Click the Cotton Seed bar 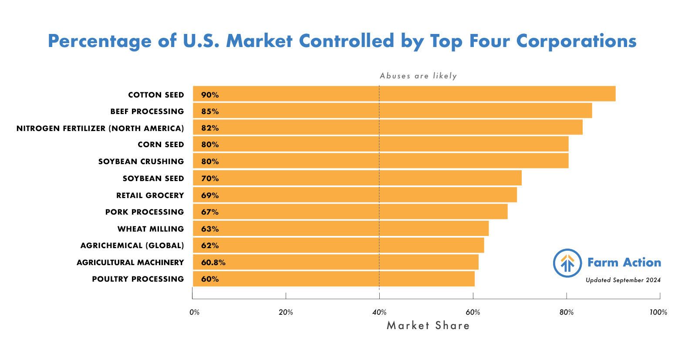click(404, 94)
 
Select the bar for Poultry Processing click(334, 279)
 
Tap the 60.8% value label click(213, 262)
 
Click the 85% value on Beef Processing click(210, 111)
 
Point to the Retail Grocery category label click(150, 195)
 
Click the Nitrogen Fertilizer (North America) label click(100, 128)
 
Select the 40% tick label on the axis click(379, 312)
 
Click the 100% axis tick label click(658, 312)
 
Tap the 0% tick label click(194, 312)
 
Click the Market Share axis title click(428, 326)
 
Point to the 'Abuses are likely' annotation click(418, 76)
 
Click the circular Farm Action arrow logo click(567, 263)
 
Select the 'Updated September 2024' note click(623, 280)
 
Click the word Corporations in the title click(576, 41)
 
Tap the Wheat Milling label click(150, 229)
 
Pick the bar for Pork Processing click(350, 212)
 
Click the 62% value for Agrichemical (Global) click(210, 246)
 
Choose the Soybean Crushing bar click(381, 161)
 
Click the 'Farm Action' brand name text click(624, 262)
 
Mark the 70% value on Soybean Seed click(210, 178)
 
